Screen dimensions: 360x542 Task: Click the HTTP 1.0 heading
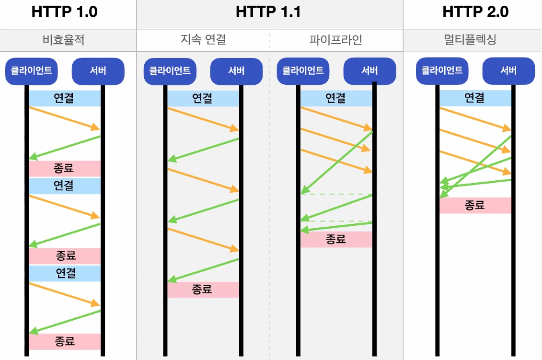pyautogui.click(x=64, y=12)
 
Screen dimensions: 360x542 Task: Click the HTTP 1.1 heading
pyautogui.click(x=268, y=12)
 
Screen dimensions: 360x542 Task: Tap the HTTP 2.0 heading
pyautogui.click(x=475, y=12)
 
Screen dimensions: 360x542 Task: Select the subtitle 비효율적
pyautogui.click(x=64, y=40)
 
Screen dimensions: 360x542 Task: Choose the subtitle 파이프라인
pyautogui.click(x=336, y=40)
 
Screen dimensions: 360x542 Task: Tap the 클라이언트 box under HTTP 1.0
pyautogui.click(x=32, y=71)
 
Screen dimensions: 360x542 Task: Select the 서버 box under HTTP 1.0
pyautogui.click(x=98, y=71)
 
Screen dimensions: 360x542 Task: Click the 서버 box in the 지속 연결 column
pyautogui.click(x=236, y=71)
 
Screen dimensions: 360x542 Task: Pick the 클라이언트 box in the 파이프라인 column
pyautogui.click(x=303, y=71)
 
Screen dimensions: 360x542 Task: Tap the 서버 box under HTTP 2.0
pyautogui.click(x=508, y=71)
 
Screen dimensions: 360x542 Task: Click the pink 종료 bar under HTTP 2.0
pyautogui.click(x=475, y=205)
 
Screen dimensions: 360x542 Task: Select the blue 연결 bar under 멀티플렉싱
pyautogui.click(x=475, y=98)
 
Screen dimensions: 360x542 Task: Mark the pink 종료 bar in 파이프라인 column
pyautogui.click(x=336, y=239)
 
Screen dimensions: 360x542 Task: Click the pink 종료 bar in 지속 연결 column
pyautogui.click(x=203, y=290)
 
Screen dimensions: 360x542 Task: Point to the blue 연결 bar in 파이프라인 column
pyautogui.click(x=336, y=98)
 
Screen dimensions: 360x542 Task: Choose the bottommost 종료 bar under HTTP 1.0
pyautogui.click(x=65, y=341)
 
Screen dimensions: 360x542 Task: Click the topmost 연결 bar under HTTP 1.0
pyautogui.click(x=65, y=98)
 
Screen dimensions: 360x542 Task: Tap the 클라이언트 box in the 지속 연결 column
pyautogui.click(x=170, y=71)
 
